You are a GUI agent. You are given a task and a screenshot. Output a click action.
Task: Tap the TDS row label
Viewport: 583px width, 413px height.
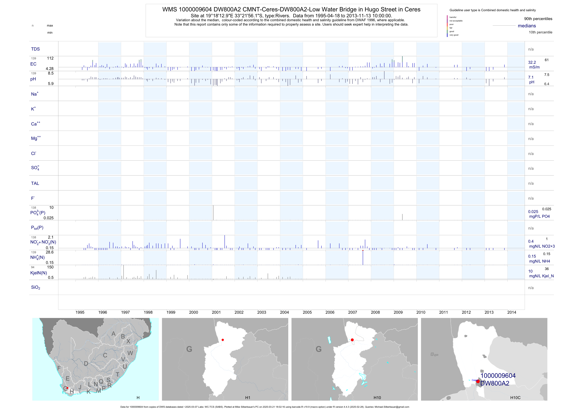point(35,49)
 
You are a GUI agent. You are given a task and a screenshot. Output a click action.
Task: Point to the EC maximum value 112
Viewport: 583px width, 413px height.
point(50,58)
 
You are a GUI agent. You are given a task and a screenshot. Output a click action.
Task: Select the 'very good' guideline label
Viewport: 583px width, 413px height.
point(454,35)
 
